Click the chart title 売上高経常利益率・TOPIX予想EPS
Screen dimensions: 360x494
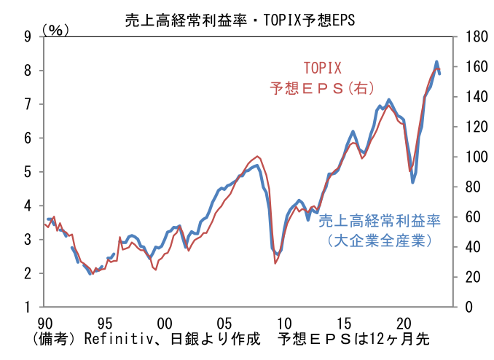[x=240, y=20]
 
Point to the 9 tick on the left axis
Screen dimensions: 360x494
[x=28, y=36]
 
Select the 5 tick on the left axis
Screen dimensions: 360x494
[x=28, y=172]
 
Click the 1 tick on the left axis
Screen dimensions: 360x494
[x=28, y=307]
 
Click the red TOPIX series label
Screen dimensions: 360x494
[x=322, y=69]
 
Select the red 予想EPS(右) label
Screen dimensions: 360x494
[x=322, y=88]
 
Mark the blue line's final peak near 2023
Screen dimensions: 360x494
[x=436, y=62]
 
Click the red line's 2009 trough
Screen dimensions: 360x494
[x=275, y=262]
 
